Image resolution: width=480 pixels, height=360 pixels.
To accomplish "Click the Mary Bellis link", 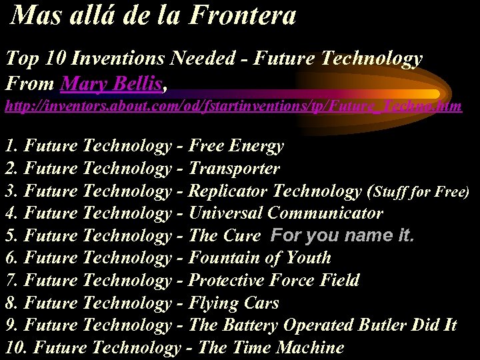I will pos(110,84).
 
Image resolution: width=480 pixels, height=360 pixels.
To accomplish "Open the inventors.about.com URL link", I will pos(233,106).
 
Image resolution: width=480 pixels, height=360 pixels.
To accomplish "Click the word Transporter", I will pos(234,169).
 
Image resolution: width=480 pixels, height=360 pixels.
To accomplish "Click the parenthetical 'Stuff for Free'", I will pos(421,192).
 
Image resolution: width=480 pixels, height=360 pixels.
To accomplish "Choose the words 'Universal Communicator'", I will pos(286,213).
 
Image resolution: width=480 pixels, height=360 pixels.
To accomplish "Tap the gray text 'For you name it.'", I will pos(342,235).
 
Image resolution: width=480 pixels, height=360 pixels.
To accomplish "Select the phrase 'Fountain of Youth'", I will pos(259,258).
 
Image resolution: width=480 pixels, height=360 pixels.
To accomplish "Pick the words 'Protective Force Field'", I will pos(274,281).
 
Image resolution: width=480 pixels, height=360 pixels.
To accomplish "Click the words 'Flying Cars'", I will pos(233,303).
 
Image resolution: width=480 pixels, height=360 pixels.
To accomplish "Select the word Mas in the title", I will pos(33,16).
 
